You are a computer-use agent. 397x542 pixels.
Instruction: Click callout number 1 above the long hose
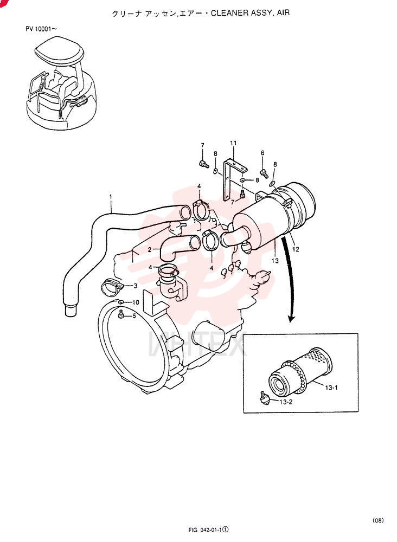coord(111,197)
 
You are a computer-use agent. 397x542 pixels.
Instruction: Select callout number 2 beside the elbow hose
coord(149,249)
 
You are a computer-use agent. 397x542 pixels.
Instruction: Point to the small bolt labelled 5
coord(121,315)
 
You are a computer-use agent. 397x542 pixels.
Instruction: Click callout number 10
coord(135,302)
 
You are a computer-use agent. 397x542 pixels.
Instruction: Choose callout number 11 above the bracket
coord(233,143)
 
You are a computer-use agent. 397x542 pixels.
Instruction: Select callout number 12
coord(296,249)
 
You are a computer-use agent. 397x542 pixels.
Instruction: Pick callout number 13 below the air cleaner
coord(275,261)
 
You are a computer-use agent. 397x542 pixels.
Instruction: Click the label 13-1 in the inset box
coord(331,388)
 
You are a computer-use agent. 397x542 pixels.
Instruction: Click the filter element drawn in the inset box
coord(300,373)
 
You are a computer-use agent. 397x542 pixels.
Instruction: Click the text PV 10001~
coord(41,29)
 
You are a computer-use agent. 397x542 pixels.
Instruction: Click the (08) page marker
coord(378,520)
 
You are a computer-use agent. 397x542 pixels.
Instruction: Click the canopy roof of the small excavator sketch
coord(60,52)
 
